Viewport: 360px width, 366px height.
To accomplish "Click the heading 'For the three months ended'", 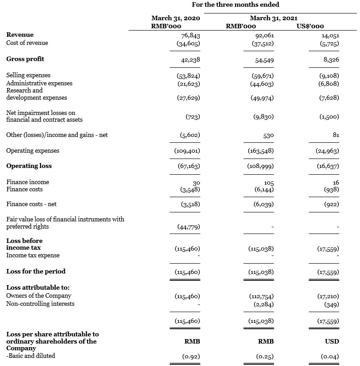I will tap(235, 5).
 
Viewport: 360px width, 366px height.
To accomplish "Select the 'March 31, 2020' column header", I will tap(176, 18).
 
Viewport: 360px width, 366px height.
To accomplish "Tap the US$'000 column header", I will tap(311, 26).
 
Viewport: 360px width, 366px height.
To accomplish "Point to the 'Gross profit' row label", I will tap(25, 59).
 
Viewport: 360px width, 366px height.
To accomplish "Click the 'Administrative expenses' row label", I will tap(39, 83).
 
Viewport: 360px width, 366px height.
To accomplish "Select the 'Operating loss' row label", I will tap(29, 166).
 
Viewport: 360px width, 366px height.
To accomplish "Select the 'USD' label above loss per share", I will tap(332, 342).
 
